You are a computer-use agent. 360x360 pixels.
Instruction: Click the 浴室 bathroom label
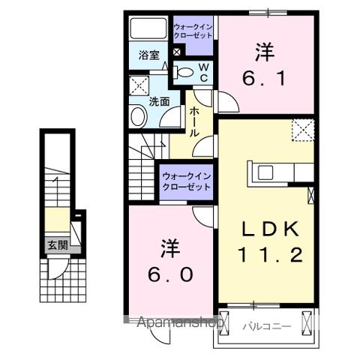(x=148, y=55)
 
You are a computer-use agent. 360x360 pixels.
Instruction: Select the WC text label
(x=202, y=72)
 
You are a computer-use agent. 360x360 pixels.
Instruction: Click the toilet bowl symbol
(x=184, y=73)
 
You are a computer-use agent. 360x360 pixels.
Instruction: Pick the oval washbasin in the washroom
(x=139, y=115)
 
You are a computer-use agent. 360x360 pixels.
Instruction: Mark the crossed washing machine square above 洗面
(x=138, y=84)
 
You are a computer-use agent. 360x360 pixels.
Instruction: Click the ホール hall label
(x=193, y=121)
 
